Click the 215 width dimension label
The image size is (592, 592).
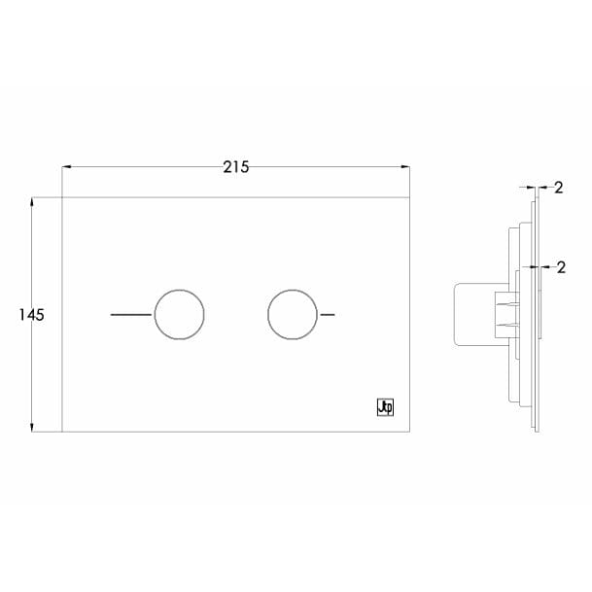tap(235, 166)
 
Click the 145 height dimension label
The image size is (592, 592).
tap(32, 315)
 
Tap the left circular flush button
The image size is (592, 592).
tap(180, 315)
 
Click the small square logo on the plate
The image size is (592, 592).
tap(386, 409)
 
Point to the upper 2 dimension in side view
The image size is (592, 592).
tap(559, 188)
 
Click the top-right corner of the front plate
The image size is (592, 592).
tap(408, 197)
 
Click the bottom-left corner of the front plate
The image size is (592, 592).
tap(62, 431)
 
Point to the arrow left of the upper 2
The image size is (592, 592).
tap(526, 188)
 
